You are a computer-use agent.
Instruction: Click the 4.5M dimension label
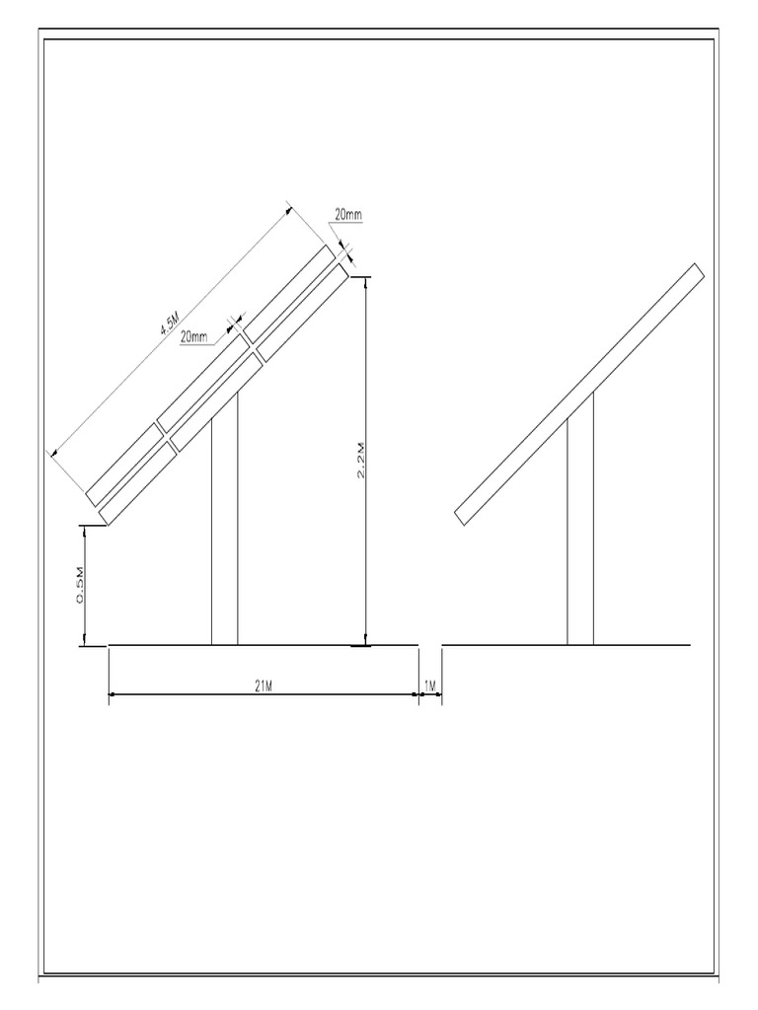pyautogui.click(x=169, y=323)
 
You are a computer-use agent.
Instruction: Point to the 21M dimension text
pyautogui.click(x=263, y=686)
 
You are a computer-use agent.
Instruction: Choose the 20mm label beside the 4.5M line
pyautogui.click(x=194, y=337)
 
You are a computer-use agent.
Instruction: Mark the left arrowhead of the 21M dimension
pyautogui.click(x=113, y=695)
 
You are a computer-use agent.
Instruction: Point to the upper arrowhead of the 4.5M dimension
pyautogui.click(x=289, y=208)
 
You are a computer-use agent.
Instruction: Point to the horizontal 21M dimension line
pyautogui.click(x=197, y=695)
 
